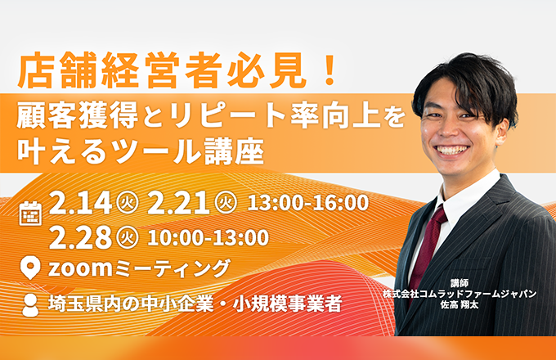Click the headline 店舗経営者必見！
tap(177, 70)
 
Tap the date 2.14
tap(80, 203)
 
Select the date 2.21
tap(178, 203)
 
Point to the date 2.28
tap(80, 237)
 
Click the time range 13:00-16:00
tap(307, 203)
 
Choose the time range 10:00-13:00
tap(208, 237)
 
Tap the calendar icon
tap(30, 214)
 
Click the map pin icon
tap(30, 268)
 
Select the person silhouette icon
tap(30, 305)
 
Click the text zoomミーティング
tap(139, 268)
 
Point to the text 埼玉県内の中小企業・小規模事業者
tap(195, 304)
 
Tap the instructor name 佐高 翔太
tap(460, 304)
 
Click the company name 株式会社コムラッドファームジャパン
tap(460, 294)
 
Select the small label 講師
tap(460, 283)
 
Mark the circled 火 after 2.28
tap(127, 237)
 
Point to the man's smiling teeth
tap(451, 150)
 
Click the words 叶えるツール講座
tap(141, 151)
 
